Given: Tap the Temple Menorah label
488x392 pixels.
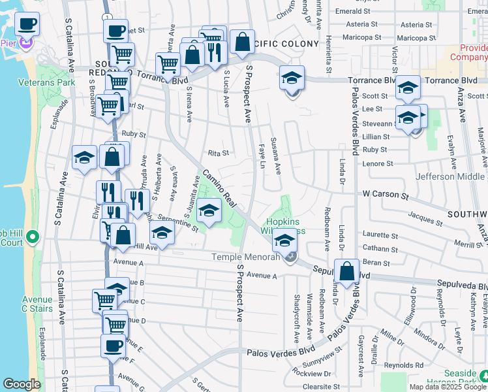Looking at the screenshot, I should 245,257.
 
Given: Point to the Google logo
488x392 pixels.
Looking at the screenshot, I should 22,384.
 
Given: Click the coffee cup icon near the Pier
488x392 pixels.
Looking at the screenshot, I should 27,25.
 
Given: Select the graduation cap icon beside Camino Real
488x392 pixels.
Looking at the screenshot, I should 209,211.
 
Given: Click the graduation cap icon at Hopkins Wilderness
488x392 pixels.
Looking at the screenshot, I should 284,240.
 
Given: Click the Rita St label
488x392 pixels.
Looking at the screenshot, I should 219,154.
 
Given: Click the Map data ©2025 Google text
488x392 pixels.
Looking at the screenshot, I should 448,387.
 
